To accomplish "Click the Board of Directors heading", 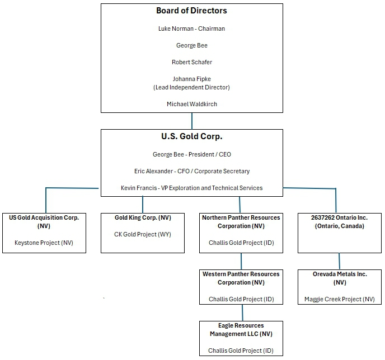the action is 191,11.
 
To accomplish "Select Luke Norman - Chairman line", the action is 191,29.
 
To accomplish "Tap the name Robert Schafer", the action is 192,62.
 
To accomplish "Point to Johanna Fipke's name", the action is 192,79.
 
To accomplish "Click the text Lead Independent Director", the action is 191,87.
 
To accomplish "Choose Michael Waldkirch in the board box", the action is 192,104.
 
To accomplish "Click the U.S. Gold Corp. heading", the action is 192,136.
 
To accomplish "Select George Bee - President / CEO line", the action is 192,154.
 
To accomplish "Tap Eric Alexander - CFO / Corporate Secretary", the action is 192,171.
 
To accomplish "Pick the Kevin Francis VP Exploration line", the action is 191,188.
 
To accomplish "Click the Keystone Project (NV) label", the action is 44,243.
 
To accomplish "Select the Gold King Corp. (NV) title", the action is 143,218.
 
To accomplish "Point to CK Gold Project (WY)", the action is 143,234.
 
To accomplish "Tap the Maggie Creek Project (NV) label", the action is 340,299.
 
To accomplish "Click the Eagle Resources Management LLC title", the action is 241,330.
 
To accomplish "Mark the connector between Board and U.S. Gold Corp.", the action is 192,121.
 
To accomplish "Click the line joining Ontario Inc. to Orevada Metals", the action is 339,261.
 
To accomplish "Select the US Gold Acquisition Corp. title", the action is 44,222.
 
